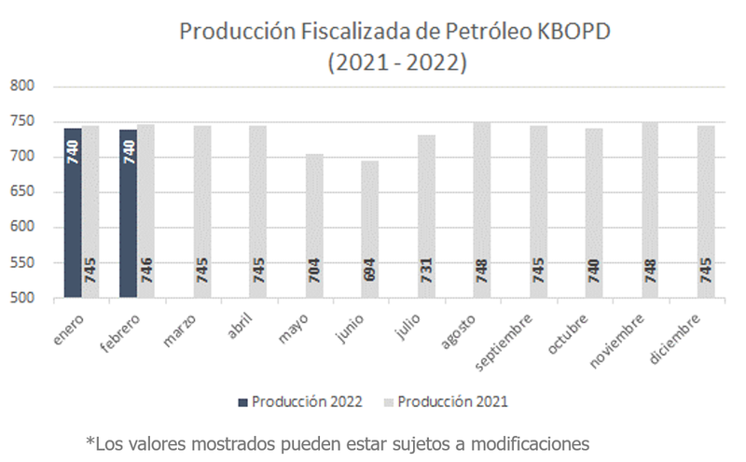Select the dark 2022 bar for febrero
[x=129, y=214]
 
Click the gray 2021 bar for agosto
[x=482, y=210]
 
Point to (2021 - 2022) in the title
[x=396, y=63]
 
